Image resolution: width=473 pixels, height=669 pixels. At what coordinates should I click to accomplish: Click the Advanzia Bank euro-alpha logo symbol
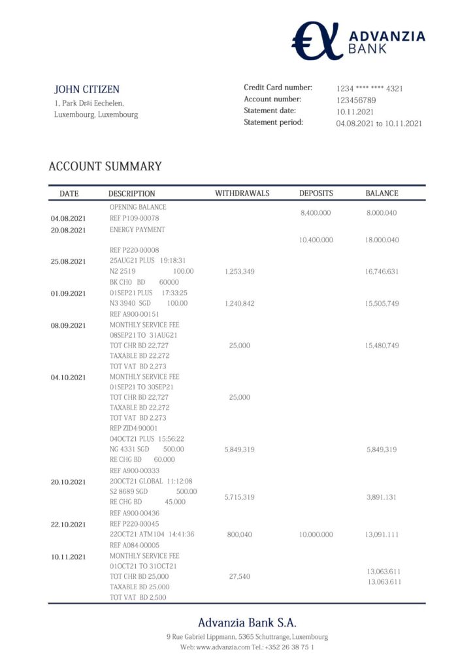pyautogui.click(x=317, y=41)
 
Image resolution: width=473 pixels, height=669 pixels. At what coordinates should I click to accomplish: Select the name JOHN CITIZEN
pyautogui.click(x=86, y=90)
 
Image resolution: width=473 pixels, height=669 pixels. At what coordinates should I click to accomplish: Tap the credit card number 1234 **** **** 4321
pyautogui.click(x=369, y=88)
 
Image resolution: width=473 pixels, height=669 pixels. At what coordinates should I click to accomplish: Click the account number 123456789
pyautogui.click(x=356, y=100)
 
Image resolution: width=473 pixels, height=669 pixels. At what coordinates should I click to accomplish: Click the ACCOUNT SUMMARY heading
pyautogui.click(x=105, y=167)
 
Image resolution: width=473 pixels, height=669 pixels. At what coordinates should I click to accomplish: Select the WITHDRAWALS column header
pyautogui.click(x=242, y=193)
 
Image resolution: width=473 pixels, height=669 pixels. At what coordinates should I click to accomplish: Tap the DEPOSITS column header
pyautogui.click(x=316, y=193)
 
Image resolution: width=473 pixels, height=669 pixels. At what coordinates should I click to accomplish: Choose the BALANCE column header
pyautogui.click(x=382, y=193)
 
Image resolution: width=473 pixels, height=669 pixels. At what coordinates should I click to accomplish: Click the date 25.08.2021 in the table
pyautogui.click(x=68, y=261)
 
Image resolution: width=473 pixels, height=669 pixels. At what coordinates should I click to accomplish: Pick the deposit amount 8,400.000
pyautogui.click(x=316, y=213)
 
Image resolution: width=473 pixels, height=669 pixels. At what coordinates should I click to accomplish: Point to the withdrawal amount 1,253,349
pyautogui.click(x=239, y=271)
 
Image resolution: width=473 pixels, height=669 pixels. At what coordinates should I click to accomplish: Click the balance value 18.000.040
pyautogui.click(x=382, y=240)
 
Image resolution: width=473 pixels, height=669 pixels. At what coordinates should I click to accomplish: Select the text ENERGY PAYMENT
pyautogui.click(x=137, y=230)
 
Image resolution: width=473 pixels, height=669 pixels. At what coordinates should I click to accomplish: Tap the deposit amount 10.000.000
pyautogui.click(x=316, y=534)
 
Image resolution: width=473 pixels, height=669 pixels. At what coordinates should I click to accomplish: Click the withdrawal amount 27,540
pyautogui.click(x=239, y=576)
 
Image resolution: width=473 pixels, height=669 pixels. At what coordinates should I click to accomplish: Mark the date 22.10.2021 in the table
pyautogui.click(x=68, y=524)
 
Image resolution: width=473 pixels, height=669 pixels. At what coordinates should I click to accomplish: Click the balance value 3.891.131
pyautogui.click(x=382, y=497)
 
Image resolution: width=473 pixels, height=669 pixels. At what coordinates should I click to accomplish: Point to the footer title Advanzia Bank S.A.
pyautogui.click(x=247, y=623)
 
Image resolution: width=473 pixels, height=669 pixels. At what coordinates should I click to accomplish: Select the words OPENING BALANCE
pyautogui.click(x=138, y=207)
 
